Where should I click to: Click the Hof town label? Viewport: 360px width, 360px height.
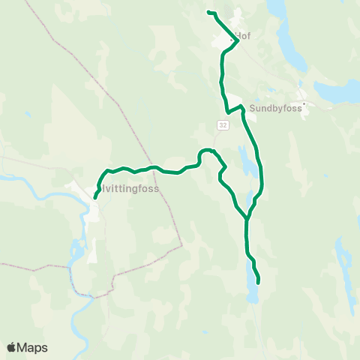click(242, 35)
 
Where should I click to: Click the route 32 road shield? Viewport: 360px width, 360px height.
click(223, 124)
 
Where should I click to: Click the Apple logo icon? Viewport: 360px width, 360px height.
click(12, 347)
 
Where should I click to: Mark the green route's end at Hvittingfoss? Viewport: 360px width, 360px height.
click(95, 198)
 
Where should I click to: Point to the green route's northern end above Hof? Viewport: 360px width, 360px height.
click(208, 13)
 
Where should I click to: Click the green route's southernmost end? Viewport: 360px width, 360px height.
click(259, 282)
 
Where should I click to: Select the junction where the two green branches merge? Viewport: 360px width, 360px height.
click(247, 218)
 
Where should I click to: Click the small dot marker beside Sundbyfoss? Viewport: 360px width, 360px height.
click(304, 104)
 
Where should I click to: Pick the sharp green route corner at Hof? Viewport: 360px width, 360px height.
click(238, 40)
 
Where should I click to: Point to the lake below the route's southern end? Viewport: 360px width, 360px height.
click(253, 292)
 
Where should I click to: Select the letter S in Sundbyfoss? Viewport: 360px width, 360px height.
click(253, 106)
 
